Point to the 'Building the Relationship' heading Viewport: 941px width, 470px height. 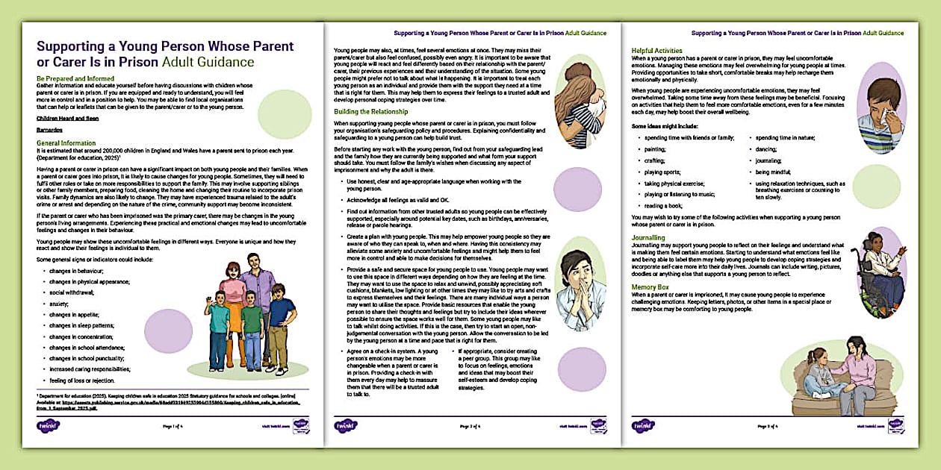(x=370, y=111)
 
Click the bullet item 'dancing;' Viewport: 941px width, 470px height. (x=767, y=149)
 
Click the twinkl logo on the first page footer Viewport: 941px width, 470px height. (x=48, y=426)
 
